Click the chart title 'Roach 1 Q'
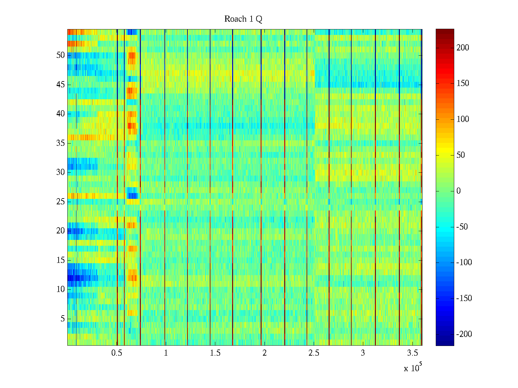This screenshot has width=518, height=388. tap(243, 19)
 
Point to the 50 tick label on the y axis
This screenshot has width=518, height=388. tap(61, 55)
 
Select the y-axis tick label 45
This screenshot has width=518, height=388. tap(61, 85)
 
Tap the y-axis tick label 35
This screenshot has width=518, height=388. tap(61, 143)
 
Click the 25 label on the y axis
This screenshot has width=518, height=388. tap(61, 202)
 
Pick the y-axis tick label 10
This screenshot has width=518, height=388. tap(61, 289)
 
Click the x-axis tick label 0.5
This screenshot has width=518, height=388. tap(117, 353)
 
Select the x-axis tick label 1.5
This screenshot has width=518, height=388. tap(215, 353)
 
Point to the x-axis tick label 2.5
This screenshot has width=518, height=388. tap(314, 353)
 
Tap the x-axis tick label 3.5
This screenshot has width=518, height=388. tap(412, 353)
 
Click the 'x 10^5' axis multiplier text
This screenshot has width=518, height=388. tap(412, 368)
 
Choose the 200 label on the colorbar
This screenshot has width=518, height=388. tap(463, 48)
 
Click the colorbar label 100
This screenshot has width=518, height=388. tap(463, 119)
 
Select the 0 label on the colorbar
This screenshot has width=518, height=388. tap(458, 191)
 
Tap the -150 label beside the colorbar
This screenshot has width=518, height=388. tap(464, 298)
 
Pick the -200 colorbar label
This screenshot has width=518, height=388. tap(464, 334)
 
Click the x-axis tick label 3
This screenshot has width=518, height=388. tap(363, 353)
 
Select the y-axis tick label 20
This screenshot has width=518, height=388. tap(61, 231)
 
